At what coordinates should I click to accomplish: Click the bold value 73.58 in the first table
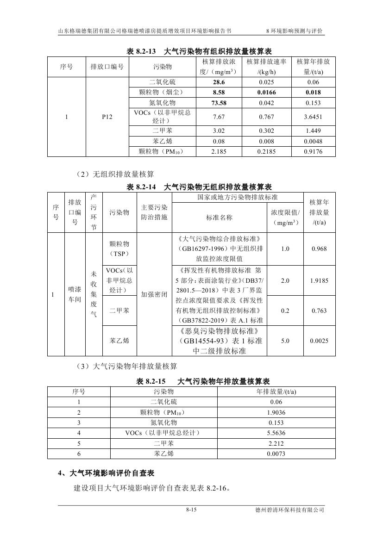pyautogui.click(x=219, y=103)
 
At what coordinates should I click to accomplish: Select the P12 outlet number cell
pyautogui.click(x=107, y=118)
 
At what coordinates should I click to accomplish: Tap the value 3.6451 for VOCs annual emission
pyautogui.click(x=313, y=117)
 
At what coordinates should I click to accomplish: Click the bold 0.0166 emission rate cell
pyautogui.click(x=266, y=93)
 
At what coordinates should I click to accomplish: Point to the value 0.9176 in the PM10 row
pyautogui.click(x=313, y=151)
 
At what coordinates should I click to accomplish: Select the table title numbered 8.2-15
pyautogui.click(x=202, y=382)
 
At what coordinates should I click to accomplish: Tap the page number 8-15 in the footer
pyautogui.click(x=191, y=510)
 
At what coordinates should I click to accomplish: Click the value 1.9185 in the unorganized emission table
pyautogui.click(x=319, y=280)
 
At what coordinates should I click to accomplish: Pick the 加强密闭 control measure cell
pyautogui.click(x=154, y=294)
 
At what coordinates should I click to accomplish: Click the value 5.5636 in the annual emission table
pyautogui.click(x=276, y=433)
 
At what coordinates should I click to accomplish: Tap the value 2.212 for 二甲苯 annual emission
pyautogui.click(x=276, y=443)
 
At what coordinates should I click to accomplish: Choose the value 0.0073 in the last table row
pyautogui.click(x=276, y=454)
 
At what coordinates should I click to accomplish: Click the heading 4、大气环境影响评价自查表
pyautogui.click(x=106, y=473)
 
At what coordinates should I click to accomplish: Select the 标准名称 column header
pyautogui.click(x=220, y=217)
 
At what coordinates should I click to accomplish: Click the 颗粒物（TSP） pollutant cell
pyautogui.click(x=119, y=249)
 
